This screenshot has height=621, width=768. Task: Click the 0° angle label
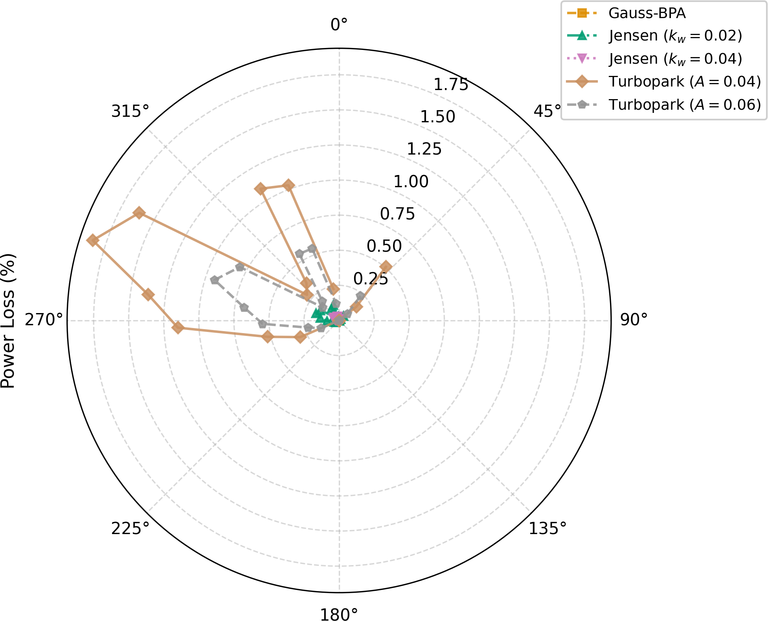coord(339,25)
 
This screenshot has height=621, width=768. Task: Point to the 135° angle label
coord(548,529)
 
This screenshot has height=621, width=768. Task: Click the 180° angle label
coord(339,615)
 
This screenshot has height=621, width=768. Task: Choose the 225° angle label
coord(130,529)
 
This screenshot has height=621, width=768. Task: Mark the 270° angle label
coord(44,320)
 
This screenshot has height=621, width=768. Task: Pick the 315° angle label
coord(130,111)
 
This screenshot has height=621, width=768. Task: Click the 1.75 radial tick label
coord(451,85)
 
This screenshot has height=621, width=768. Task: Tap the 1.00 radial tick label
coord(411,182)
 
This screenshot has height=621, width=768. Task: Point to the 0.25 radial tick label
coord(371,279)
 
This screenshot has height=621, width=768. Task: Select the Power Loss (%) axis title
coord(8,321)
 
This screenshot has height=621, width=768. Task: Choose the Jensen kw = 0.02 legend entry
coord(654,36)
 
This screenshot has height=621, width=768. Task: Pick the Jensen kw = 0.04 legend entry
coord(654,59)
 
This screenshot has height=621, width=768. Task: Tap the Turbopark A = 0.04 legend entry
coord(664,82)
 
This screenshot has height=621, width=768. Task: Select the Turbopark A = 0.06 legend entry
coord(664,105)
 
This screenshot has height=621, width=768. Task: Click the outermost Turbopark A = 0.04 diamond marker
coord(92,240)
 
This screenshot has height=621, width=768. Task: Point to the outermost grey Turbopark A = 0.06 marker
coord(214,280)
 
